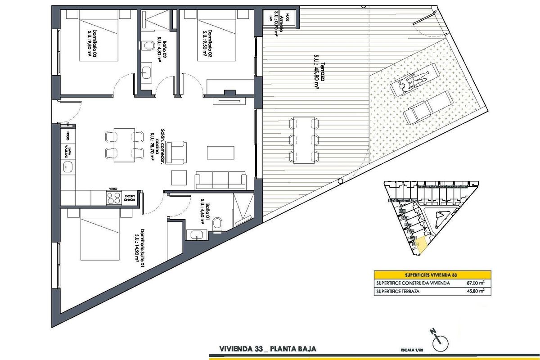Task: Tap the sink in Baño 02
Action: (x=147, y=72)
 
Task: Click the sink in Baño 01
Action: (x=196, y=234)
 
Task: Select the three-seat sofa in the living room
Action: (x=220, y=180)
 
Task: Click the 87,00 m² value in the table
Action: (x=475, y=283)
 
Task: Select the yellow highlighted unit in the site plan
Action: (x=422, y=245)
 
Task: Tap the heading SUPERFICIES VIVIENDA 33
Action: (x=432, y=274)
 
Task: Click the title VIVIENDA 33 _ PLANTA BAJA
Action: (x=267, y=349)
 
